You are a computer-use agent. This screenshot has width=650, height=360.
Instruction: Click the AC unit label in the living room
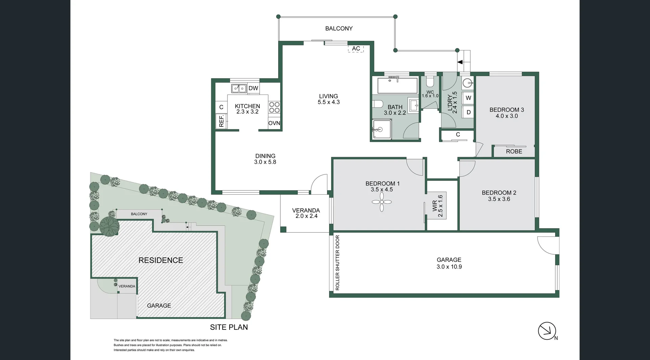click(356, 49)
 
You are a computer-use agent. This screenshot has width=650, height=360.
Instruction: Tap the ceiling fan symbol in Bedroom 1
click(382, 202)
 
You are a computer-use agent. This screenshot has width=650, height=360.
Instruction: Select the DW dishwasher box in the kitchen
click(253, 88)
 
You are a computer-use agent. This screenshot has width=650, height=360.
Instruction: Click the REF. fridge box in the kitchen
click(222, 121)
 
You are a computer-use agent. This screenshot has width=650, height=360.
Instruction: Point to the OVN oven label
click(274, 123)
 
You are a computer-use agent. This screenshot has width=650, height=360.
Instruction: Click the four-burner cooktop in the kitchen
click(274, 107)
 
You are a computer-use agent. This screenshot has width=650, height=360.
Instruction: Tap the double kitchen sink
click(239, 88)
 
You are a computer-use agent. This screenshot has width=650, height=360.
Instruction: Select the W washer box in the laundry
click(469, 98)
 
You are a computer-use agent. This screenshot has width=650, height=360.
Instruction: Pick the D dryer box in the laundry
click(469, 112)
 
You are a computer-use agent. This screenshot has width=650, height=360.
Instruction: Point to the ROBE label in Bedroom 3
click(514, 152)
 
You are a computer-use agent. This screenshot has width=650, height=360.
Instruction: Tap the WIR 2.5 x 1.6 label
click(438, 206)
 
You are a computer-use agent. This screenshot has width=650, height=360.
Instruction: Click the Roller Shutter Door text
click(338, 263)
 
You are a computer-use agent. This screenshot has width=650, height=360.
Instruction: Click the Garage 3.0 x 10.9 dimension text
click(449, 267)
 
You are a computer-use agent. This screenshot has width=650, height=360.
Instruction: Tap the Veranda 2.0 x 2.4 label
click(306, 213)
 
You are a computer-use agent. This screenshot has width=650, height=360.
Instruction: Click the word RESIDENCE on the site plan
click(160, 260)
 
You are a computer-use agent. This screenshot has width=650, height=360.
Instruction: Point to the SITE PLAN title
click(229, 327)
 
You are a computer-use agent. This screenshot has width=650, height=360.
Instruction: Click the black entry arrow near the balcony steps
click(460, 62)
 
